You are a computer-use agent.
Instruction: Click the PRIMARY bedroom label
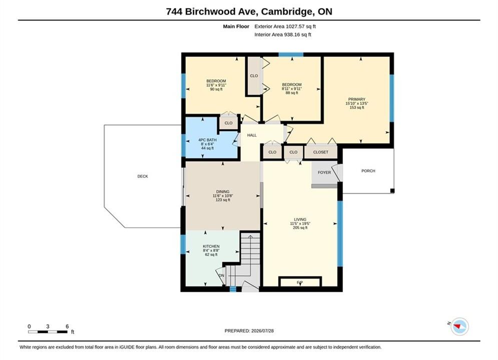click(357, 99)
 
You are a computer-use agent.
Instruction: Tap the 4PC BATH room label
click(207, 140)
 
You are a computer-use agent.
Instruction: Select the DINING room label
click(223, 191)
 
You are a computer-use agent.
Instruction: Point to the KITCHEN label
click(211, 246)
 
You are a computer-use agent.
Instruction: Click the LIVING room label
click(300, 219)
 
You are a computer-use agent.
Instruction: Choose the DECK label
click(143, 176)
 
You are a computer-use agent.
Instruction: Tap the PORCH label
click(368, 171)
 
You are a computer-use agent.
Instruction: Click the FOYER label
click(324, 172)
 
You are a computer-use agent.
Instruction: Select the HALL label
click(252, 135)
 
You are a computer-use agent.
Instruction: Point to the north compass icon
click(459, 326)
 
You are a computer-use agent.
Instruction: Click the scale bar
click(48, 332)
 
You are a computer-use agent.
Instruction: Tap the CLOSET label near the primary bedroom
click(321, 152)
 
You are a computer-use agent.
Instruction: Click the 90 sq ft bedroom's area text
click(216, 89)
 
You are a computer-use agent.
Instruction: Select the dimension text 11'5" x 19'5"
click(300, 223)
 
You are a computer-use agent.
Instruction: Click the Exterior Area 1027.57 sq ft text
click(285, 26)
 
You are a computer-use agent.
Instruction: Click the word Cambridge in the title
click(287, 11)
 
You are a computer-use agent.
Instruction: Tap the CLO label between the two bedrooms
click(254, 76)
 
